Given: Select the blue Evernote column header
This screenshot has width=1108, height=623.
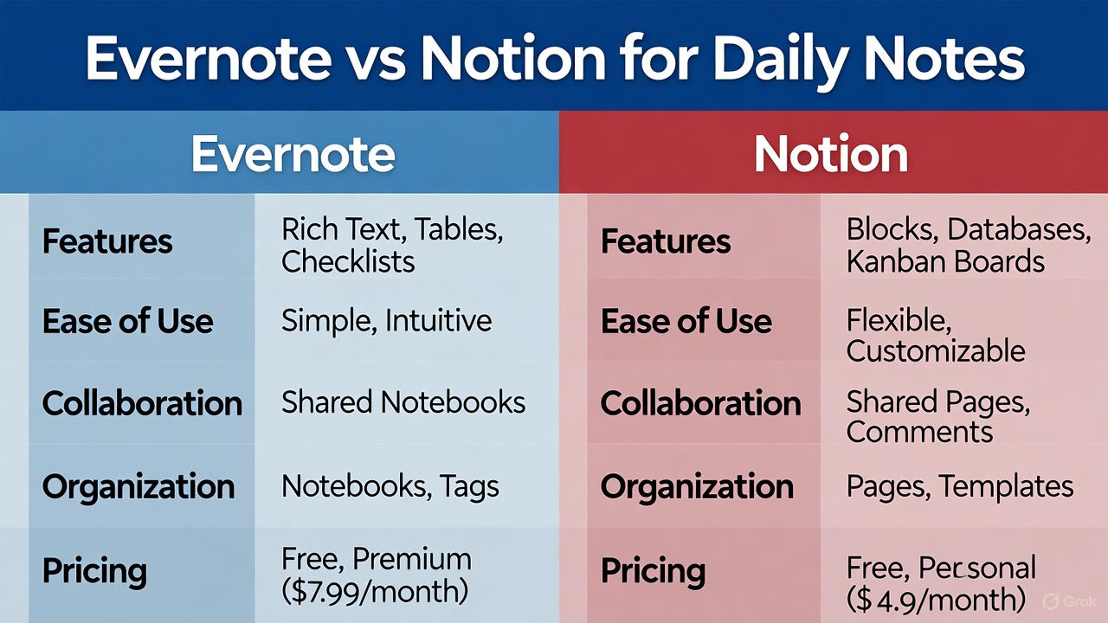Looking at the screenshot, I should coord(293,153).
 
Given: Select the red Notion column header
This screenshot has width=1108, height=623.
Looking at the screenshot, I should coord(830,153).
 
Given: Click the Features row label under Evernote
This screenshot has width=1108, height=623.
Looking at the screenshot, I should coord(107,241).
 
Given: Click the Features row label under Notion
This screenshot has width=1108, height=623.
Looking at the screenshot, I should coord(666,241).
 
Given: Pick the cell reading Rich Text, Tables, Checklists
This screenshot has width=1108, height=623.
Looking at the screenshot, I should coord(392,245).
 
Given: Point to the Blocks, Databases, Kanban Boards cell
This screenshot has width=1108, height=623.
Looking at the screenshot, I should coord(968,245).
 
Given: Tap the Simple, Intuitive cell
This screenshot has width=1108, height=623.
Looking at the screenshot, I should coord(386,321).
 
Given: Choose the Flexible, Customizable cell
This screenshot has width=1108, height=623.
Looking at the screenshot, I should coord(935,336).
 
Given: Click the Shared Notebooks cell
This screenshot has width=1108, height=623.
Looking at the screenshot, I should coord(403,402).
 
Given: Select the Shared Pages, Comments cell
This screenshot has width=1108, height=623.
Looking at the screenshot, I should coord(937,416).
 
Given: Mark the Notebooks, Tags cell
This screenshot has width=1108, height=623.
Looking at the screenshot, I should coord(390,486).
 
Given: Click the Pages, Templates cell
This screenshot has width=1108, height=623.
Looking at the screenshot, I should coord(959,486).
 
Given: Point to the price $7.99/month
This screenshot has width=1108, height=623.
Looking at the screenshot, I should coord(375,591).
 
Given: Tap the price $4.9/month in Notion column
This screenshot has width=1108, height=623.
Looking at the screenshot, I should coord(936,598).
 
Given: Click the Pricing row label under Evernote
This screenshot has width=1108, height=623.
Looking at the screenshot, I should coord(94,570).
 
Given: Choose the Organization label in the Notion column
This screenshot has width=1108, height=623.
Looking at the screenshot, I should coord(697,486).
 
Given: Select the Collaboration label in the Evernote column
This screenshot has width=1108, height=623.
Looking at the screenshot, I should coord(142,403).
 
